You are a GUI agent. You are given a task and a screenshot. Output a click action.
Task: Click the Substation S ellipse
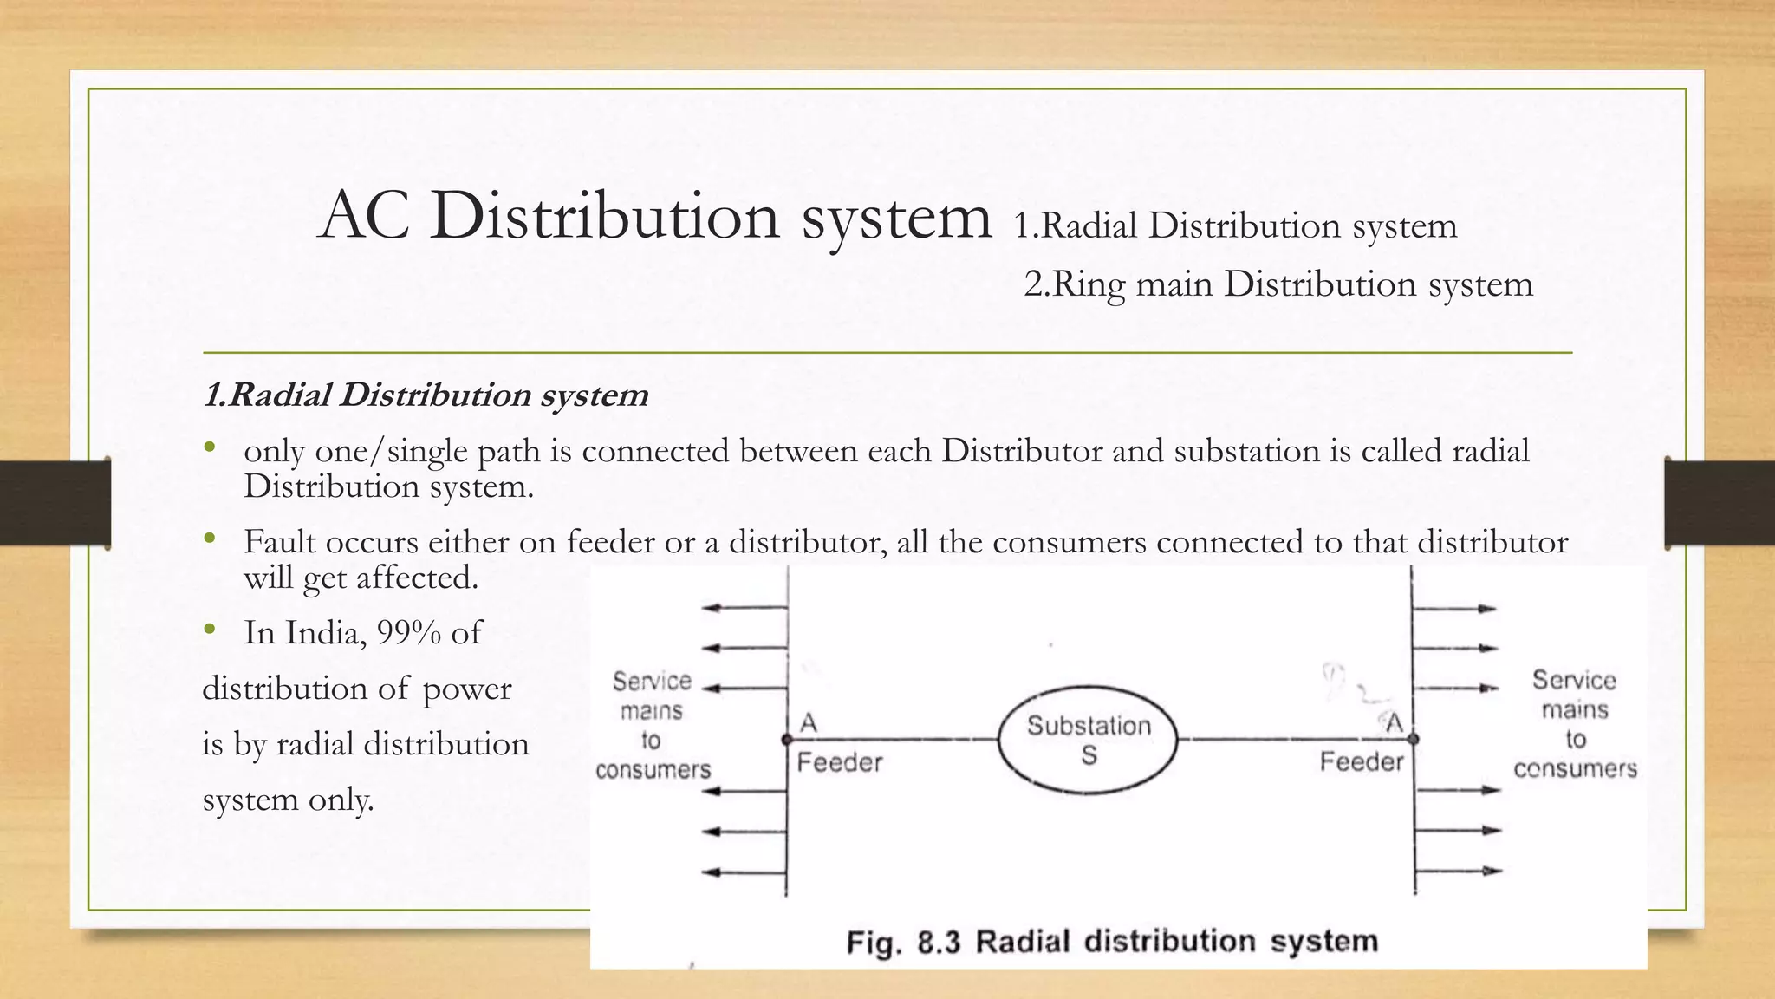point(1089,739)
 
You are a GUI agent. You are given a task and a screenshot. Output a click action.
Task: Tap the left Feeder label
point(839,762)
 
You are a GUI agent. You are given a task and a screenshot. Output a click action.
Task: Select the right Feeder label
point(1361,761)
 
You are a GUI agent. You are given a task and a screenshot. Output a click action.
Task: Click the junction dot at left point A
point(787,740)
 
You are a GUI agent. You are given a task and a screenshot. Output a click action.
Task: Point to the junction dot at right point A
point(1414,739)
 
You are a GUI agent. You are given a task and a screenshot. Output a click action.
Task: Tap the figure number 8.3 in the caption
point(939,942)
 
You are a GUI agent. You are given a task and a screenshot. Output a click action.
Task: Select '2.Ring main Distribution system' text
point(1278,284)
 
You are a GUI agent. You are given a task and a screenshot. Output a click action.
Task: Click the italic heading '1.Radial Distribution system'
point(426,395)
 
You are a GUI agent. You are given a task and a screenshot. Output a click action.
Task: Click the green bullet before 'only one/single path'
point(209,448)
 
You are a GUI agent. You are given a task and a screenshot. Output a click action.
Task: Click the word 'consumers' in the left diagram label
point(653,769)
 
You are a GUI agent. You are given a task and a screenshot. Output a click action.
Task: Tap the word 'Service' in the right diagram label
point(1574,680)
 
